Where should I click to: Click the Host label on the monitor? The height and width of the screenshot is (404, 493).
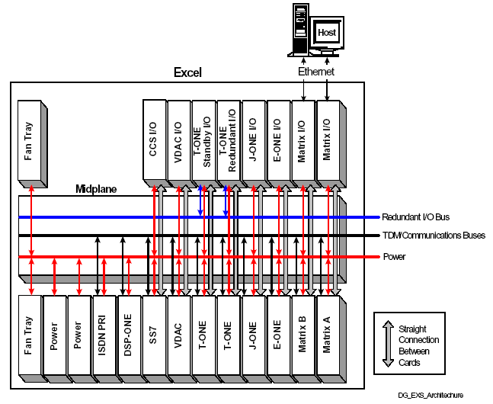click(x=327, y=32)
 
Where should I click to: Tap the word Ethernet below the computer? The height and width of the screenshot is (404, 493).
click(x=315, y=70)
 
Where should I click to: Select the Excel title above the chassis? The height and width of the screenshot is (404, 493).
click(x=187, y=72)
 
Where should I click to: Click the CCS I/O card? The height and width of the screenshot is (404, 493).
click(x=153, y=141)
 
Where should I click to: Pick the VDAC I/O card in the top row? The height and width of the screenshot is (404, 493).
click(x=178, y=141)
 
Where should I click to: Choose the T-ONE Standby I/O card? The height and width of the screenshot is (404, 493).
click(x=203, y=141)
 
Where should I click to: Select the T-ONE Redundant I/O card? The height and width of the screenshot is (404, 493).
click(x=229, y=141)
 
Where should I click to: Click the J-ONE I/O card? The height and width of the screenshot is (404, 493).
click(x=254, y=141)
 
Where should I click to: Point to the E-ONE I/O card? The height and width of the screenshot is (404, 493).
click(x=279, y=141)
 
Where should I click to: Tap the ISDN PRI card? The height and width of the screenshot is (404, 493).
click(x=104, y=335)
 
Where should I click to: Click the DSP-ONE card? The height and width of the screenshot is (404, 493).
click(x=129, y=335)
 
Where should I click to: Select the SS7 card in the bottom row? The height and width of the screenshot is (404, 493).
click(x=153, y=335)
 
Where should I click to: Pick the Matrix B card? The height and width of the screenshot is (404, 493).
click(x=303, y=335)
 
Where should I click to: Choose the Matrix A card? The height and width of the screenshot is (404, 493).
click(x=328, y=335)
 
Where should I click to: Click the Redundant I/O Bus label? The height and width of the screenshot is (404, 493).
click(x=421, y=217)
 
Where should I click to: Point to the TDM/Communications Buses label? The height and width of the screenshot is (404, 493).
click(x=433, y=236)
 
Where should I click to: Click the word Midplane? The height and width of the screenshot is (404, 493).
click(x=96, y=188)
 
